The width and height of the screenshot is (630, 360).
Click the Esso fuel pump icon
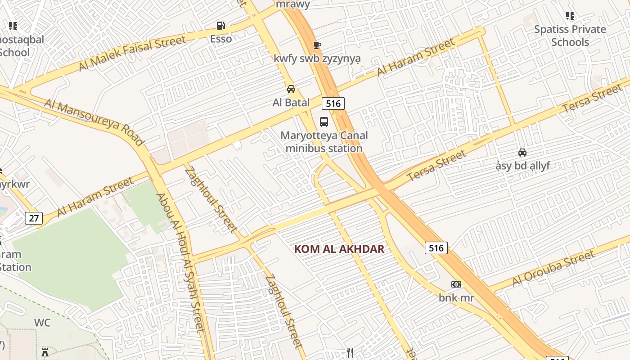click(220, 26)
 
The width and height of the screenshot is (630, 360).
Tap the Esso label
click(221, 39)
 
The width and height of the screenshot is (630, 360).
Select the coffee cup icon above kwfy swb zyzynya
click(317, 45)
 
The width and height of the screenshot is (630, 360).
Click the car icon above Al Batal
click(291, 89)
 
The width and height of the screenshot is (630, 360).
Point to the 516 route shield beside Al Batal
click(333, 103)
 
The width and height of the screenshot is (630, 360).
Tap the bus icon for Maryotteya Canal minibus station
click(324, 121)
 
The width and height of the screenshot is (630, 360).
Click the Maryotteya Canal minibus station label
click(324, 142)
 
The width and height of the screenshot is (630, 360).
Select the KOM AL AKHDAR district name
click(339, 249)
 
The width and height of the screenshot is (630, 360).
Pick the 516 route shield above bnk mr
click(436, 247)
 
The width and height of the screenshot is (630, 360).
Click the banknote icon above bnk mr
click(456, 284)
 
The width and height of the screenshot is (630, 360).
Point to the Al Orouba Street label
click(553, 269)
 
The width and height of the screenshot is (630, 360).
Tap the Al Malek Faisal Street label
click(132, 53)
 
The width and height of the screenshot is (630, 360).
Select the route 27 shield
click(34, 219)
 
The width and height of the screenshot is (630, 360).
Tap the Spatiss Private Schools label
click(570, 36)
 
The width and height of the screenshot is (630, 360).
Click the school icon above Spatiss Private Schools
click(570, 16)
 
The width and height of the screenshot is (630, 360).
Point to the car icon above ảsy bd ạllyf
click(522, 153)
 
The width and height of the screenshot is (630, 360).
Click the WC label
click(42, 323)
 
